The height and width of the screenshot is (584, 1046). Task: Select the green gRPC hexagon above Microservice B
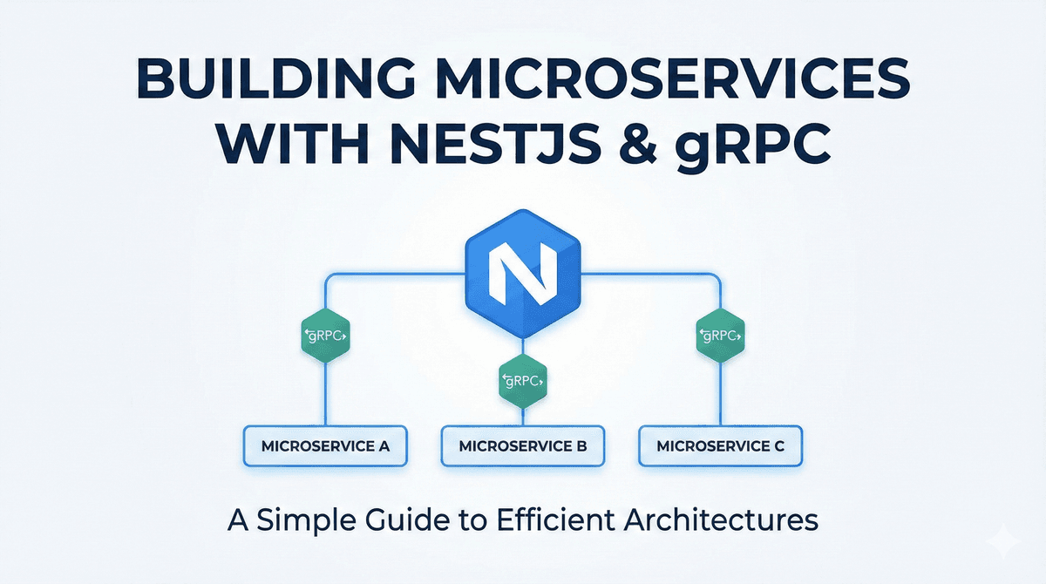point(522,380)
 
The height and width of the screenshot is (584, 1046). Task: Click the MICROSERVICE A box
point(324,446)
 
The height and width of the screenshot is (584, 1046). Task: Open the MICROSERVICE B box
point(522,446)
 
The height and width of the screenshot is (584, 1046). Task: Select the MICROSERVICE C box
point(720,446)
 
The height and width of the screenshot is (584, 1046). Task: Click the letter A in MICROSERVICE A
point(383,446)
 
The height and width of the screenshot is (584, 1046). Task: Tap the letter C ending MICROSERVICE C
point(779,446)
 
